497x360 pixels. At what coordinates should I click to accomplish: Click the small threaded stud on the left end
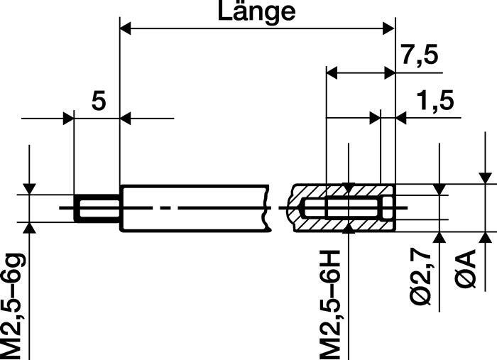pos(97,209)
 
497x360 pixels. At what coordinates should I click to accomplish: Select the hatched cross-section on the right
pos(344,209)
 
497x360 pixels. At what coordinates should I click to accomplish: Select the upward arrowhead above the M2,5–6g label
pos(30,228)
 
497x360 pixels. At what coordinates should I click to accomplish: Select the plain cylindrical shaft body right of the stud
pos(192,209)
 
